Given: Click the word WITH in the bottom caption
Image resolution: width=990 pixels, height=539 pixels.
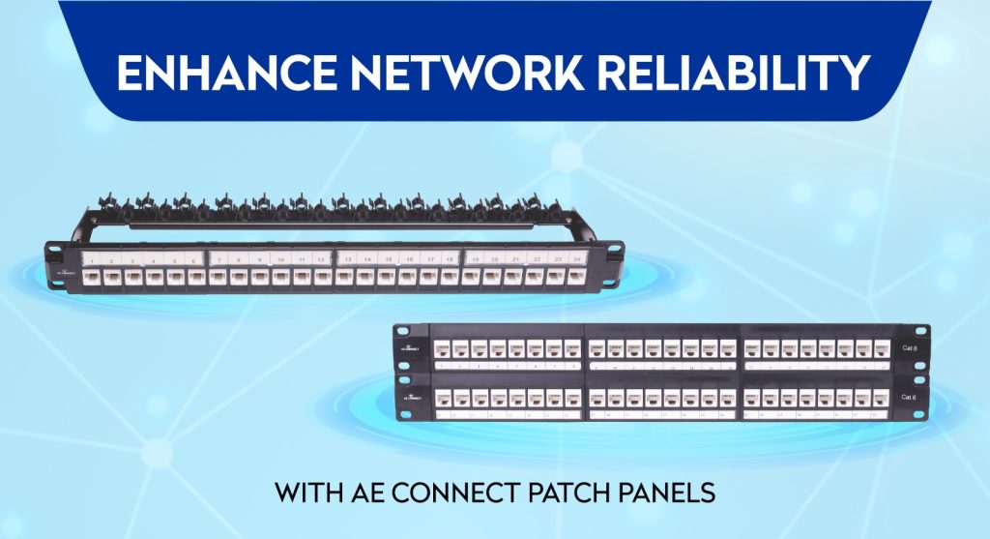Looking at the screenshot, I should click(x=310, y=492).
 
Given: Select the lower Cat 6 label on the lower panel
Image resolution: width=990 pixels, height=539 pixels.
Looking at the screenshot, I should click(x=908, y=398).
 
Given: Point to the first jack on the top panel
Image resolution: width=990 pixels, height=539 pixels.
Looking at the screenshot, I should click(x=93, y=278).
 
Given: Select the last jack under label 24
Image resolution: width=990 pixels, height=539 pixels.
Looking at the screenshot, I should click(x=577, y=277).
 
